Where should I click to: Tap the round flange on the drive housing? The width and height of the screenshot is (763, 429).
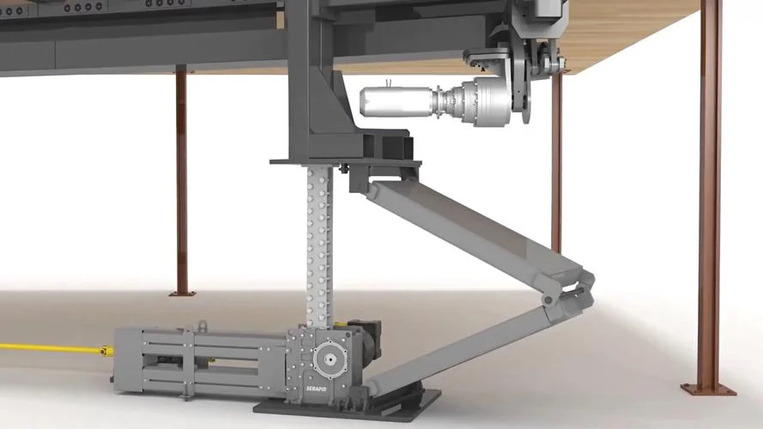coord(330,360)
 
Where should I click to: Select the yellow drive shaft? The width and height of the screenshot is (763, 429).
coord(50,348)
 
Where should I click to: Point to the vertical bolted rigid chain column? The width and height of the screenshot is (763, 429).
coord(318,246)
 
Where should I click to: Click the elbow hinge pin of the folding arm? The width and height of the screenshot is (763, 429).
coord(548,300)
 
